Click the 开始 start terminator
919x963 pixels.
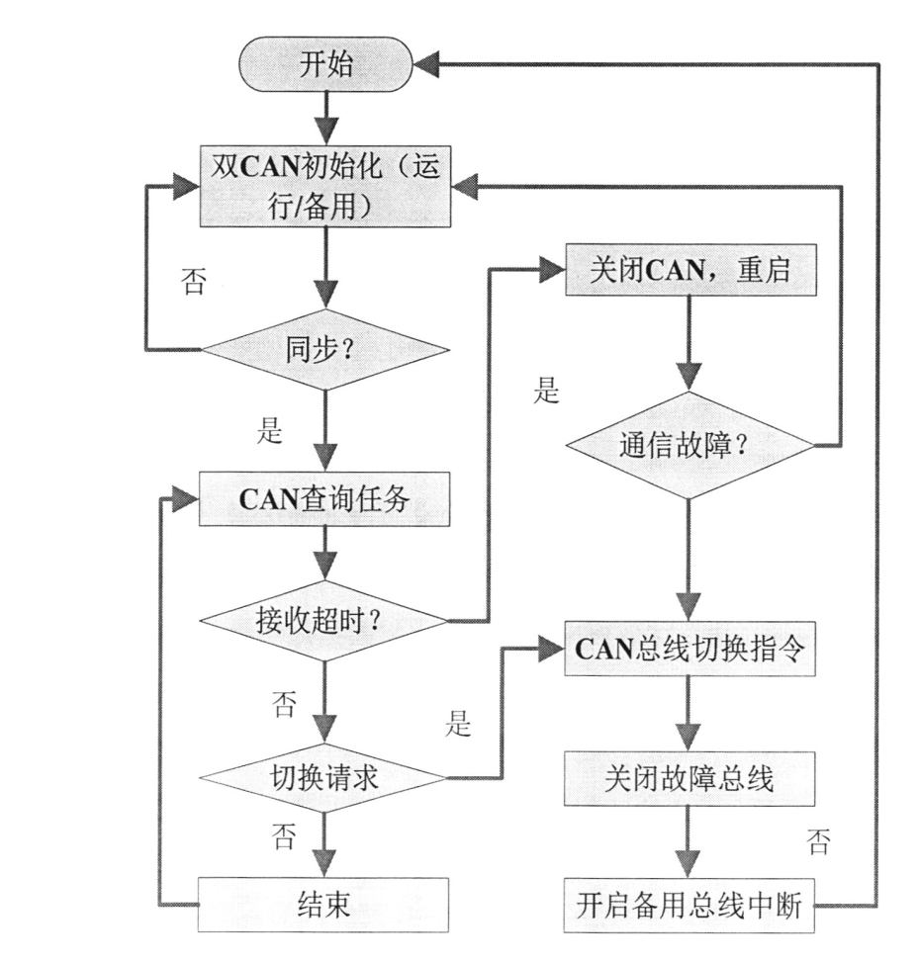click(325, 65)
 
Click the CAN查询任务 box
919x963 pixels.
click(325, 495)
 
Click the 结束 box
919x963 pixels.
click(325, 904)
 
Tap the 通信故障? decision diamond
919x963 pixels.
click(689, 446)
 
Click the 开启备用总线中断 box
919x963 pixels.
click(689, 904)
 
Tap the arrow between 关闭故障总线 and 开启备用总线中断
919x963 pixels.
click(689, 840)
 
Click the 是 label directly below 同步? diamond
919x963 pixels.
click(270, 432)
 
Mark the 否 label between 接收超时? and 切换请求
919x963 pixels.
click(284, 705)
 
